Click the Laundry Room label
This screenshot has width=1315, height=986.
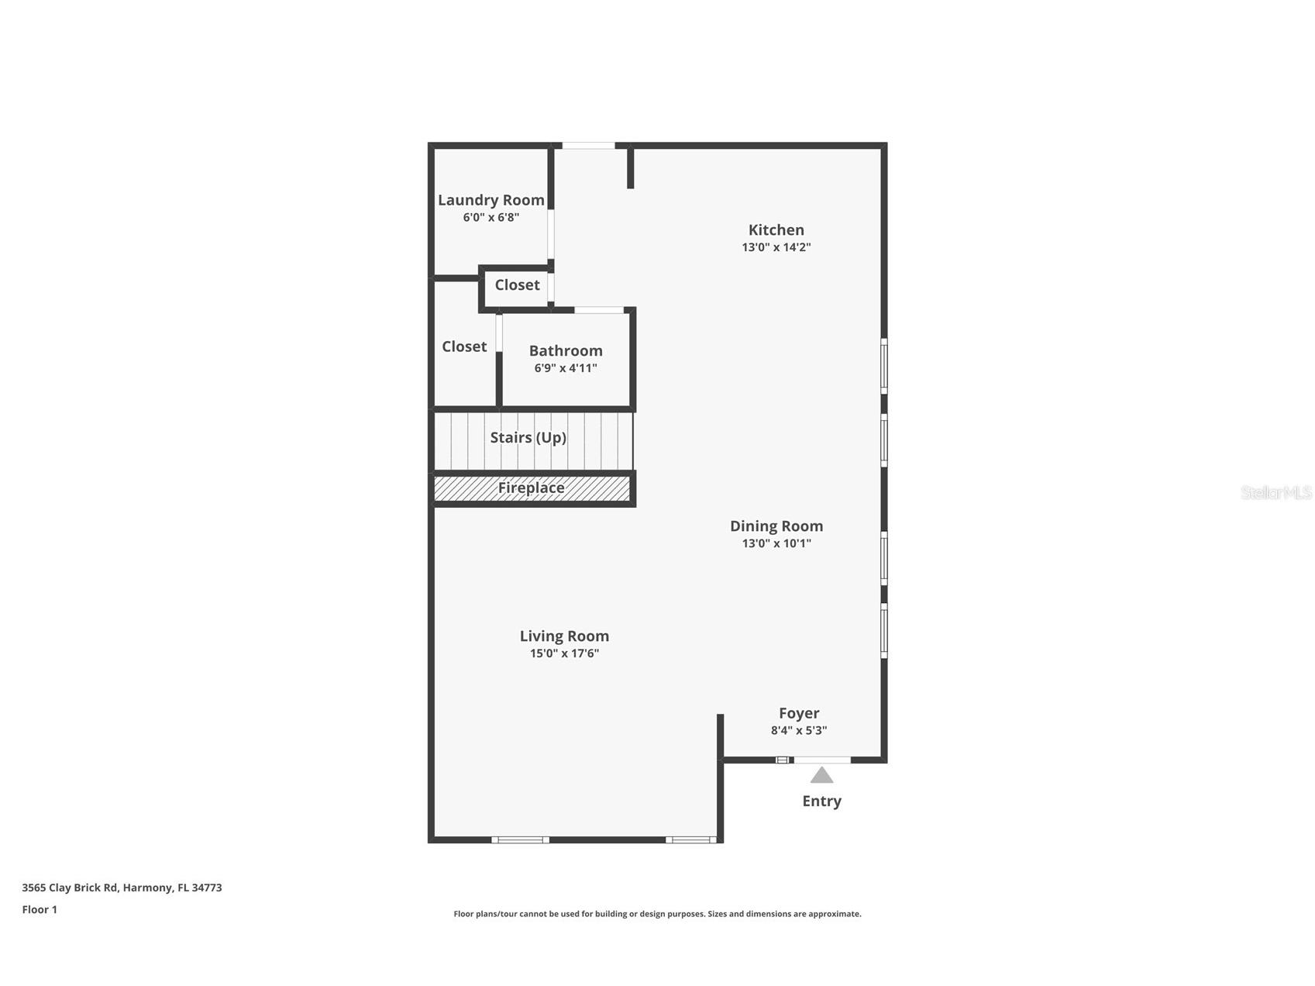coord(491,200)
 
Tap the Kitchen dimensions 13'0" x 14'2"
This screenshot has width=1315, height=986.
coord(776,247)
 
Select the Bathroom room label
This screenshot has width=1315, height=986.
coord(566,350)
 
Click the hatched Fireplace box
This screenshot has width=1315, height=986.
coord(532,488)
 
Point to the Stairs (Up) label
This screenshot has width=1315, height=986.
coord(528,437)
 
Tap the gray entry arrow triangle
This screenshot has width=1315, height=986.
coord(821,776)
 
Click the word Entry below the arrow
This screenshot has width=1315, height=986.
coord(821,801)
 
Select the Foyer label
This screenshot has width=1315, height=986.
coord(799,713)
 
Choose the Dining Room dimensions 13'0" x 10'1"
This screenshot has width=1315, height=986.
coord(776,543)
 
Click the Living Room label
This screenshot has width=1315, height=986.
coord(564,636)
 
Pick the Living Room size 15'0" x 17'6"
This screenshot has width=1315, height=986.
coord(564,653)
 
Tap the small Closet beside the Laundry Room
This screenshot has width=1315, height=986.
coord(517,285)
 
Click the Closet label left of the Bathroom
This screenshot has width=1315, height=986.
coord(464,346)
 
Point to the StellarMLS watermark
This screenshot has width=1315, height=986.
coord(1275,493)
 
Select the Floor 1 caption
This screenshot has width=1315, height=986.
coord(40,909)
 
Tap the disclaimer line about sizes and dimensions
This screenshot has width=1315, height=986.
coord(657,914)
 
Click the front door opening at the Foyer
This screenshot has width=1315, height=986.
coord(821,760)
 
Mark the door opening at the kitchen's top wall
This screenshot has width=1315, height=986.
coord(588,145)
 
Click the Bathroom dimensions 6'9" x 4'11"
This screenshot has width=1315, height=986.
coord(566,368)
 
